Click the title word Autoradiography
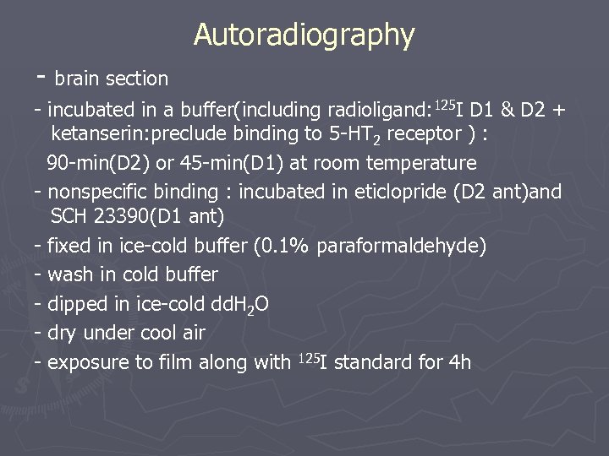click(x=304, y=35)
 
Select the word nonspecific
click(x=97, y=192)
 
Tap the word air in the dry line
click(x=192, y=333)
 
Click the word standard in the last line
click(x=381, y=363)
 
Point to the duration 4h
click(x=460, y=363)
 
